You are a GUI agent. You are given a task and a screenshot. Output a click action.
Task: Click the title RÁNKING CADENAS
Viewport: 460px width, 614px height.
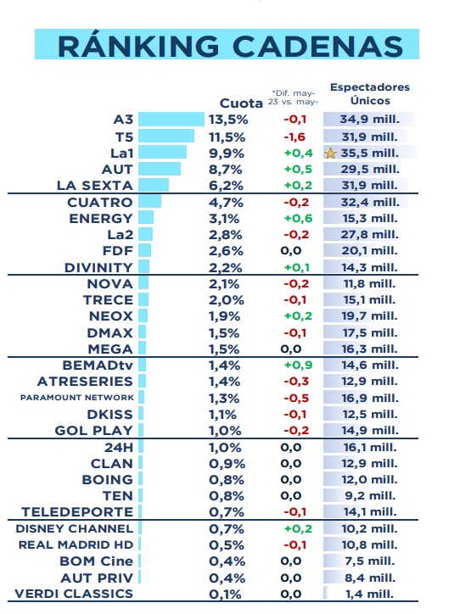coord(230,46)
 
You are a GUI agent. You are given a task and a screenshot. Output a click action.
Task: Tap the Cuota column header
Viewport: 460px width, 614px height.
coord(241,103)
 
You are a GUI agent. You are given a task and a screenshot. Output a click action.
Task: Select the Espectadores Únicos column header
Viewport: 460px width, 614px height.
coord(370,94)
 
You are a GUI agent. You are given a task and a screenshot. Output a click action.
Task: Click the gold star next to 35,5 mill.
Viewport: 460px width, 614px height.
coord(330,153)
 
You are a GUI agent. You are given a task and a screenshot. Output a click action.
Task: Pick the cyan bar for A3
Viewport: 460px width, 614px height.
coord(171,120)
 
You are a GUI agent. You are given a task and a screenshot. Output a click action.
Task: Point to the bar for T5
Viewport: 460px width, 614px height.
coord(166,136)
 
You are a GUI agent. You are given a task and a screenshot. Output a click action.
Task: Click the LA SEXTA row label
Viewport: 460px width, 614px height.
coord(95,185)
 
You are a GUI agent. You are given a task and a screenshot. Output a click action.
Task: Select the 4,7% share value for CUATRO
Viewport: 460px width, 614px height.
coord(226,203)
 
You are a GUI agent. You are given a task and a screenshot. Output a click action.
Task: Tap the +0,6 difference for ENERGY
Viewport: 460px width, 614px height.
coord(298,219)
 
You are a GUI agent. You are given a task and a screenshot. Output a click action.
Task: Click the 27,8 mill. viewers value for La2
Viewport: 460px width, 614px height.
coord(369,235)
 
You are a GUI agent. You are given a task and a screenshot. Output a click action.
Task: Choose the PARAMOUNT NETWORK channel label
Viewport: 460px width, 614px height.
coord(77,398)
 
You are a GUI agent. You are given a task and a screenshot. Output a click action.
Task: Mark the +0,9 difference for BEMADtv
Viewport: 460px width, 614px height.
coord(298,365)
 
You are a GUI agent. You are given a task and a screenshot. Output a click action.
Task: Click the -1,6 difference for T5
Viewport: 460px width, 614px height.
coord(295,137)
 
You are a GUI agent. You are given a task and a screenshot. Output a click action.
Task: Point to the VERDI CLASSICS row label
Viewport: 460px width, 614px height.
coord(74,594)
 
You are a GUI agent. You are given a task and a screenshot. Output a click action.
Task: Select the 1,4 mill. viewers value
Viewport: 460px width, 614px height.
coord(369,594)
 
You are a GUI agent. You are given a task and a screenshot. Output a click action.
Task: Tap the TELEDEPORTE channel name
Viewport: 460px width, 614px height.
coord(77,511)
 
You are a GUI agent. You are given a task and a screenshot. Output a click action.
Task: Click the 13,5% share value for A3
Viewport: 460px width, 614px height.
coord(228,120)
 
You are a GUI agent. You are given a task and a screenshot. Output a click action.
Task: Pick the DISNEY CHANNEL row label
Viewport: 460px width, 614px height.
coord(75,528)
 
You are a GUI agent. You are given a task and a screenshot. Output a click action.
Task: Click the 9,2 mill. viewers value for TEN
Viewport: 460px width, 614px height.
coord(370,496)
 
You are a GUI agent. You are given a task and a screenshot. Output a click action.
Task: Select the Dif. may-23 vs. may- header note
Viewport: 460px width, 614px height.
coord(293,98)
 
